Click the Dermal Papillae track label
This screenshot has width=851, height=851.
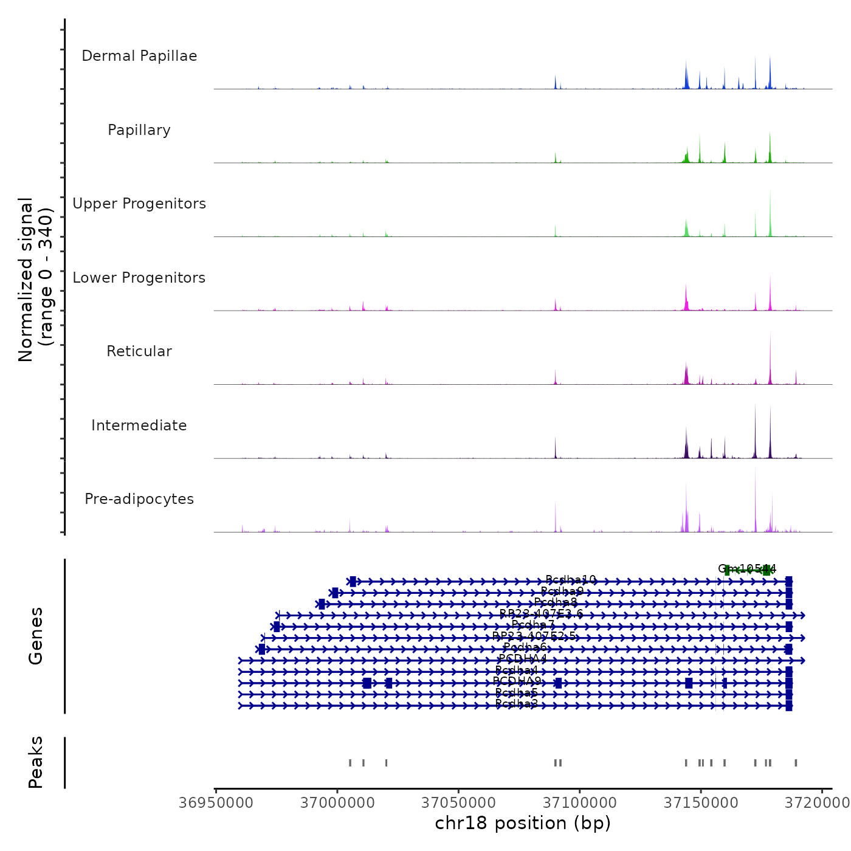(x=139, y=56)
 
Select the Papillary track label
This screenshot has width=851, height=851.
(x=139, y=130)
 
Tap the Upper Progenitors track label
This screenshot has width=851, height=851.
(x=139, y=204)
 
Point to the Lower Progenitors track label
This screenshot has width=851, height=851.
(x=139, y=278)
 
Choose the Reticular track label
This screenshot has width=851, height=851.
(x=139, y=351)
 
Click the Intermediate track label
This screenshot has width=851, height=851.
(x=139, y=425)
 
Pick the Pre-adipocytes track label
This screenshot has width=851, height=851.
(x=139, y=499)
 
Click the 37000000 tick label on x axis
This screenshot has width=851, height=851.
(x=337, y=802)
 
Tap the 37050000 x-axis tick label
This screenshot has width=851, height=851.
(x=458, y=802)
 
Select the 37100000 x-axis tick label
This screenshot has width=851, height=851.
(x=579, y=802)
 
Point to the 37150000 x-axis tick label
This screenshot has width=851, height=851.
(x=701, y=802)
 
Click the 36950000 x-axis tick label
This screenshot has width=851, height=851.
(x=216, y=802)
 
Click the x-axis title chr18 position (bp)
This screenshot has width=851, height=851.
(x=523, y=823)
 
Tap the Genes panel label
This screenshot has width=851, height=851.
(x=36, y=636)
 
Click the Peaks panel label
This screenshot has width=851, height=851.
(x=36, y=762)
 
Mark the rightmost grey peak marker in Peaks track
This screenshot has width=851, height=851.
(x=796, y=763)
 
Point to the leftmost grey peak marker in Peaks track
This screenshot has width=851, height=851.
(x=350, y=763)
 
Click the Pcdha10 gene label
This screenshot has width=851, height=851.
(x=571, y=580)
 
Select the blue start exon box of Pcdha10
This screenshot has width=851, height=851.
(x=353, y=582)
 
